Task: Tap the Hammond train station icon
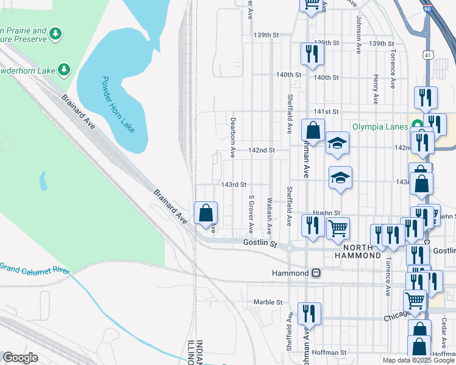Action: coord(316,273)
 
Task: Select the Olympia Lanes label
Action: coord(380,127)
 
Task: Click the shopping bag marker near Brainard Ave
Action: coord(205,213)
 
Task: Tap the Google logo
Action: coord(20,358)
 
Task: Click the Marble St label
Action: coord(268,302)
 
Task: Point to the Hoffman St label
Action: coord(330,352)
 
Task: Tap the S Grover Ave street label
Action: coord(251,214)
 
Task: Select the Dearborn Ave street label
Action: coord(233,137)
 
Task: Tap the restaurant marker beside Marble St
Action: coord(309,314)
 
